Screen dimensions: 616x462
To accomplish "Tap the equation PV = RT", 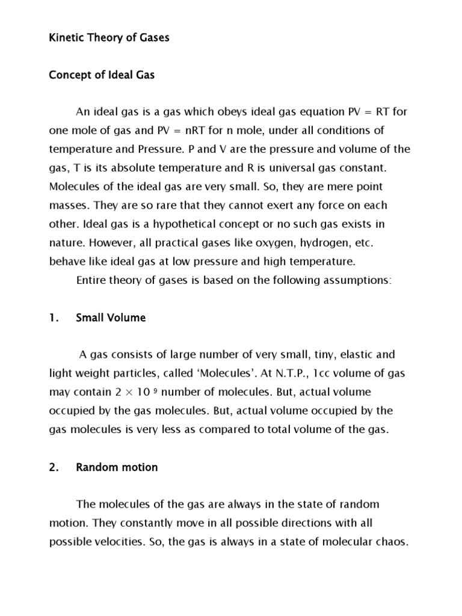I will point(374,112).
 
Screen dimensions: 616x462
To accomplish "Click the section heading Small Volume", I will point(111,317).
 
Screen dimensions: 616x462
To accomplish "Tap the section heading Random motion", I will point(117,467).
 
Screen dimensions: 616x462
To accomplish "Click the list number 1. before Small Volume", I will point(53,317).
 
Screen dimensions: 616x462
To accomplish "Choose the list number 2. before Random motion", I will point(53,467).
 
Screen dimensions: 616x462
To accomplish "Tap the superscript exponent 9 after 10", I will point(156,390).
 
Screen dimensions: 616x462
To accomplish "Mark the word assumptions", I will point(352,280).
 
